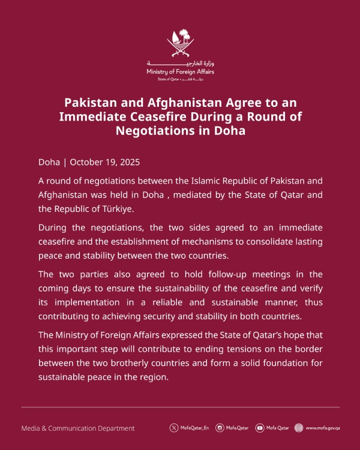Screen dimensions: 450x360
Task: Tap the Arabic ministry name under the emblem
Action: (x=180, y=64)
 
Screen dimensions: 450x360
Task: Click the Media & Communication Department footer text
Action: (x=78, y=428)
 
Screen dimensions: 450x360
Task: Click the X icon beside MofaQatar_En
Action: (x=174, y=428)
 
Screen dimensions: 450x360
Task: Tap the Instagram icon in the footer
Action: (x=220, y=428)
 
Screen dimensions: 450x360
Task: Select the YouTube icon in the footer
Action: (x=259, y=428)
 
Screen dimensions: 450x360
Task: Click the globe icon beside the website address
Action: (x=299, y=428)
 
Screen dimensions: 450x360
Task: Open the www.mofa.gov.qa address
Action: (x=323, y=428)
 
